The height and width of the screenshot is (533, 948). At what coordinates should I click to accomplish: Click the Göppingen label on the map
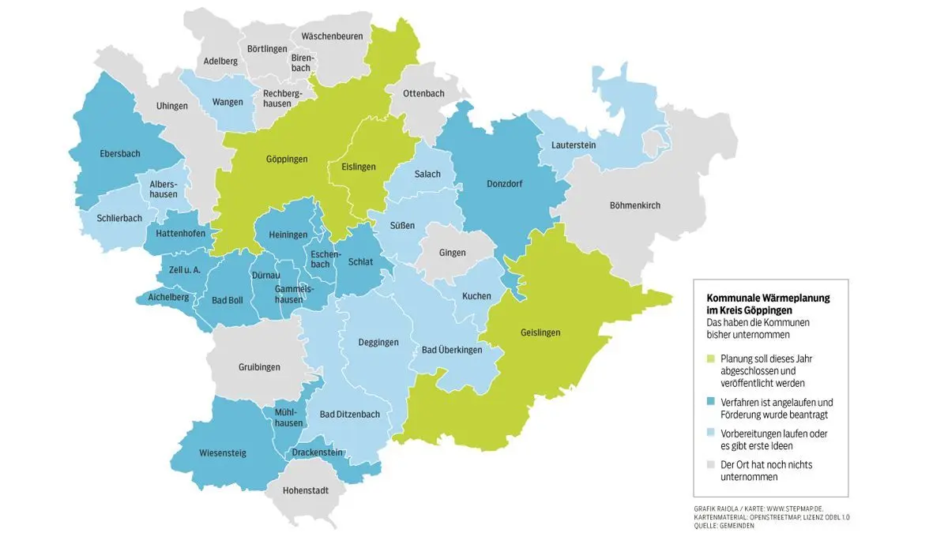(288, 160)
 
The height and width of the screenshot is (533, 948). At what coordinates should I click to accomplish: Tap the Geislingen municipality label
(540, 332)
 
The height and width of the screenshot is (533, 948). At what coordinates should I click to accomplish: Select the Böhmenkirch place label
(634, 205)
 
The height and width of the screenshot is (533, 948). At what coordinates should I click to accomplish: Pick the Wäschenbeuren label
(331, 36)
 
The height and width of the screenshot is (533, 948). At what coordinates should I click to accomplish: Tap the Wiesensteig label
(223, 453)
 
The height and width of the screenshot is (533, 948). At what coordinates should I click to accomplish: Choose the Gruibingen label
(260, 366)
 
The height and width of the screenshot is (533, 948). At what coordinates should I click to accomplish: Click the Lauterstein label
(566, 145)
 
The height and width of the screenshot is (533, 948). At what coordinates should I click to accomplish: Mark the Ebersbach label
(119, 154)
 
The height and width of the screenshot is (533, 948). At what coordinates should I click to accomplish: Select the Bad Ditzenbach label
(349, 414)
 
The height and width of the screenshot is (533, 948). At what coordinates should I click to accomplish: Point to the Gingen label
(453, 253)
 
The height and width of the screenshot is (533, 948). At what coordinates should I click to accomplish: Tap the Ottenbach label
(423, 93)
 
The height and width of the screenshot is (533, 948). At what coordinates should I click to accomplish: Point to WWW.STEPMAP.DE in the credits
(795, 509)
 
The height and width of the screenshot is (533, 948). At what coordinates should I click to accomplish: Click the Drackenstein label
(317, 452)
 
